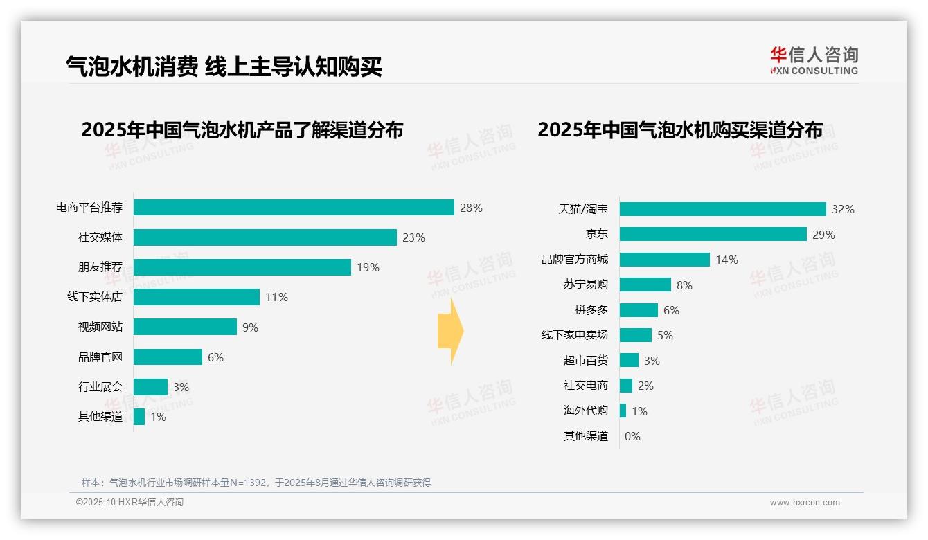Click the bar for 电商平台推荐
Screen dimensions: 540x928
click(294, 208)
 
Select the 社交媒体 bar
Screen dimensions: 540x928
click(265, 237)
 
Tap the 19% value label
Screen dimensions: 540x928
click(368, 267)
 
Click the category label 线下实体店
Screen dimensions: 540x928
click(95, 297)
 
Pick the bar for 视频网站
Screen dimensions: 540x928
click(185, 327)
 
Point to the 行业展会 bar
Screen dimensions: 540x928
click(150, 387)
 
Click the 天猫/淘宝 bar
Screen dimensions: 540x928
click(722, 209)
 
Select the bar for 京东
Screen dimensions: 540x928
click(713, 234)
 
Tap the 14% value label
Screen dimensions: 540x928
click(726, 260)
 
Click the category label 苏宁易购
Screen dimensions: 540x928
click(585, 285)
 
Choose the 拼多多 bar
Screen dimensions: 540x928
click(639, 310)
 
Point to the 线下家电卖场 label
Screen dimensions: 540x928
click(574, 335)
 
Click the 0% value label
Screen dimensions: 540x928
click(632, 436)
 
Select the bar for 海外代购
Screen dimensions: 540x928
click(623, 411)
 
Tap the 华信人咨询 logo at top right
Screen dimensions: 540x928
click(814, 60)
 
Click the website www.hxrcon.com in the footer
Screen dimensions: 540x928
click(805, 503)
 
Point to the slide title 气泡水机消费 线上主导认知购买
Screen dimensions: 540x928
click(224, 66)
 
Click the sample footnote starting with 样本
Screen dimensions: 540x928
click(256, 483)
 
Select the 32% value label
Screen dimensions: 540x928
click(843, 209)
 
